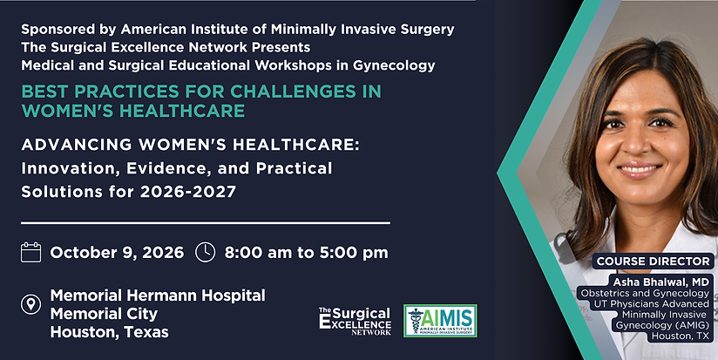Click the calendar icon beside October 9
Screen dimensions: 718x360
coord(30,253)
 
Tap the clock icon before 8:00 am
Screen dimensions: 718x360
coord(205,253)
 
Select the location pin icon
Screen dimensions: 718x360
coord(30,304)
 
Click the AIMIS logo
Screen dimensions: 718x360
coord(440,321)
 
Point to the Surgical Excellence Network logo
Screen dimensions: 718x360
coord(355,321)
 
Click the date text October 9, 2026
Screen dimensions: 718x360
coord(117,253)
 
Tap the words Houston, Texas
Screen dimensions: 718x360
coord(110,331)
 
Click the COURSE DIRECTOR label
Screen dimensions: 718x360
coord(654,262)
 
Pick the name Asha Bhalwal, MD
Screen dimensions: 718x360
coord(661,282)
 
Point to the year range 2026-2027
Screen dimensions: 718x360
coord(188,192)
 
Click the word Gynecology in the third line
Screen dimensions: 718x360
coord(394,65)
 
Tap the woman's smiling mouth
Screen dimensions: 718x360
coord(640,170)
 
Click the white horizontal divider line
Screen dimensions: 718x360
coord(206,223)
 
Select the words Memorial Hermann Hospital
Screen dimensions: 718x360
coord(158,295)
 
